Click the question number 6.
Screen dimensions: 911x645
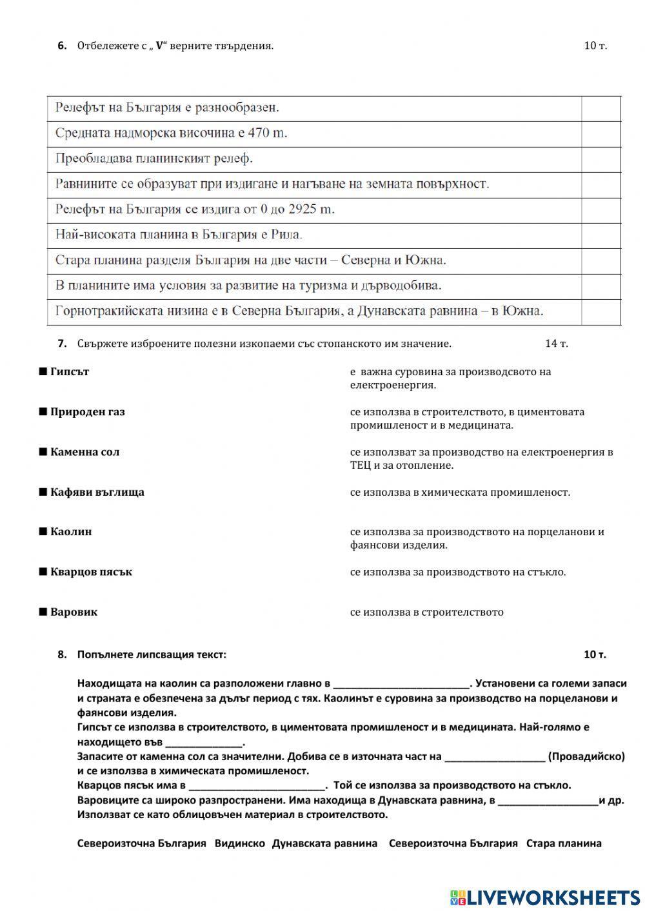tap(62, 46)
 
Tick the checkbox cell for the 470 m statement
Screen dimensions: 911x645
tap(600, 134)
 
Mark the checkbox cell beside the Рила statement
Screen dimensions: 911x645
tap(600, 235)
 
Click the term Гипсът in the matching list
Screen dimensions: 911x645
tap(69, 372)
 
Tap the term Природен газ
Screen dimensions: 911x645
tap(87, 412)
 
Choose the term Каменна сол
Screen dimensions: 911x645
tap(84, 452)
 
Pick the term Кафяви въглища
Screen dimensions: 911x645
tap(97, 492)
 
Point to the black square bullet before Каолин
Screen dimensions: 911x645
tap(43, 532)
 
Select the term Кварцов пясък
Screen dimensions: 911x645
tap(91, 572)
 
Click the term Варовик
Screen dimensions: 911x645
tap(74, 612)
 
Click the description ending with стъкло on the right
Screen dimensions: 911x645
tap(458, 572)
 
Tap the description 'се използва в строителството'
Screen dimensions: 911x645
tap(426, 612)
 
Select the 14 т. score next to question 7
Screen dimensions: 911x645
tap(556, 344)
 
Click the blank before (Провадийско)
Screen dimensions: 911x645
tap(495, 757)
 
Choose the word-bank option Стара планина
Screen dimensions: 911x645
tap(564, 843)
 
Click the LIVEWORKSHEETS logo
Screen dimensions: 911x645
tap(545, 897)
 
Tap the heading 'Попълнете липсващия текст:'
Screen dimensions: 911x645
tap(152, 654)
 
